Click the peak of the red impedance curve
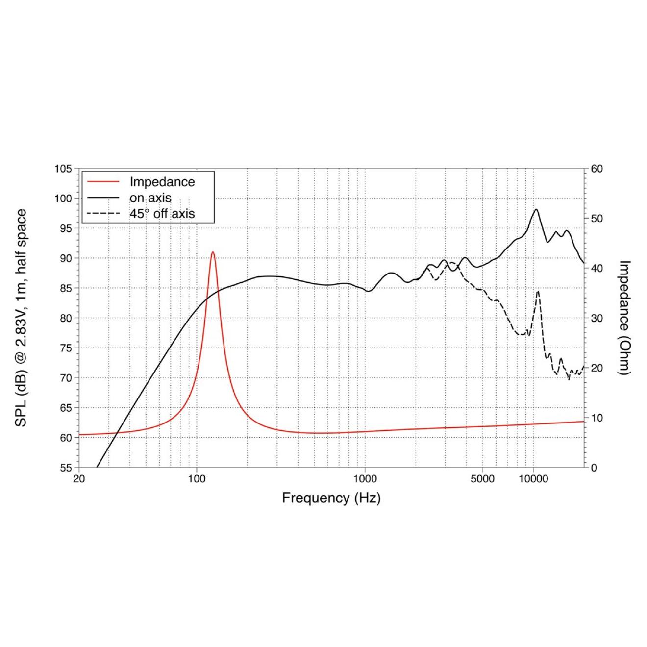[213, 252]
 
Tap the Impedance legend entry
[162, 182]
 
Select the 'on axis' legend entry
[150, 198]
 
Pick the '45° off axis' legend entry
[162, 214]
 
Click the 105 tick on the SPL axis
[63, 169]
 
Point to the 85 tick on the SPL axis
[66, 288]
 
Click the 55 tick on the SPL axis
[66, 468]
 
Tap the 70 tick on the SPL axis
[66, 378]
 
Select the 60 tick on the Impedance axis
[597, 169]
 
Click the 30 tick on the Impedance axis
[597, 318]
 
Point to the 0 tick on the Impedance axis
[594, 468]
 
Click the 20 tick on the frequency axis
[79, 479]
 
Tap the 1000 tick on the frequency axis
[365, 479]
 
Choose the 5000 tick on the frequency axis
[482, 479]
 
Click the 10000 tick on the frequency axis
[533, 479]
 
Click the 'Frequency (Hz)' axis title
[331, 498]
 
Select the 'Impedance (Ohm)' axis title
[623, 318]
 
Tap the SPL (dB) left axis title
[21, 318]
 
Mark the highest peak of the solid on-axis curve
[536, 209]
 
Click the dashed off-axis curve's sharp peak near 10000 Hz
[538, 291]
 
